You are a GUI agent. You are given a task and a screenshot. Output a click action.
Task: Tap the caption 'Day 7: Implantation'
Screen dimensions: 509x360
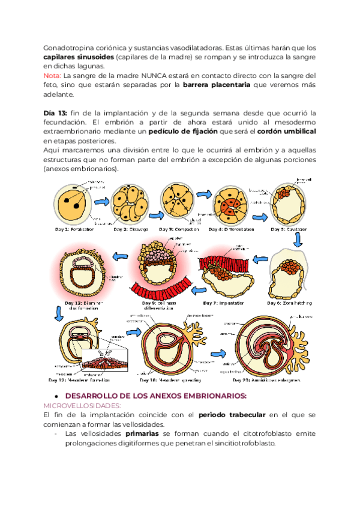(224, 304)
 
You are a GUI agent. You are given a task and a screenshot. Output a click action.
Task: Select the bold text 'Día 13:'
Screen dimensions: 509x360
(56, 113)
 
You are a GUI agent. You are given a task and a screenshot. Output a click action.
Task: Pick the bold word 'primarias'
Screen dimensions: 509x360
(144, 433)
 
